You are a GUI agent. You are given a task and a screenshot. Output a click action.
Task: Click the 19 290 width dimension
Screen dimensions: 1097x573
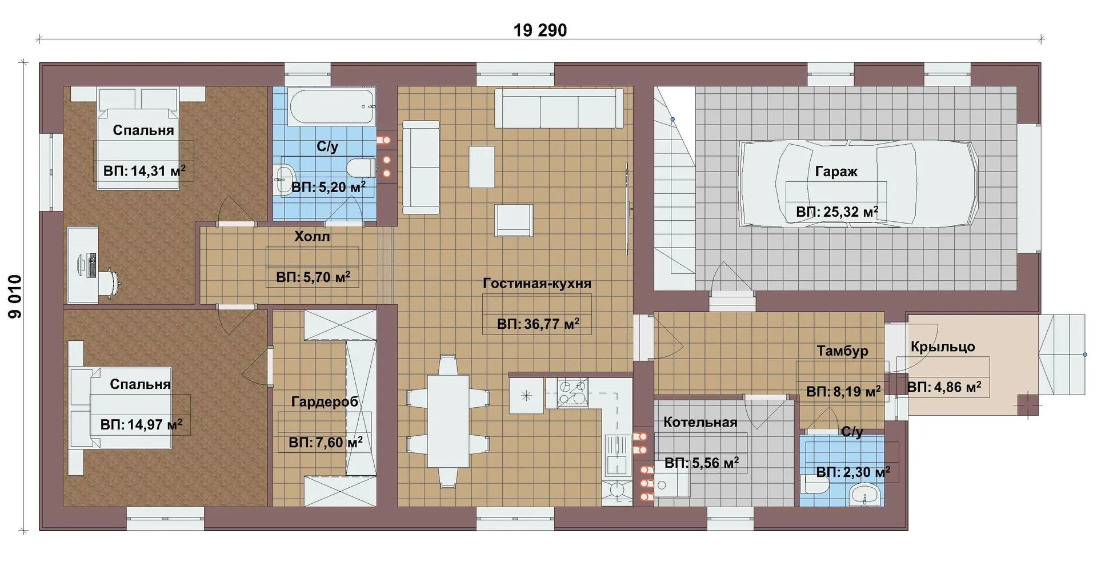[540, 30]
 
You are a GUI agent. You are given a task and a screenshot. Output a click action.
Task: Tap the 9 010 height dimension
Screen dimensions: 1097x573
[14, 296]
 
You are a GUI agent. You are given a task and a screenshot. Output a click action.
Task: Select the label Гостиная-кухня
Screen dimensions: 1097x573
[537, 283]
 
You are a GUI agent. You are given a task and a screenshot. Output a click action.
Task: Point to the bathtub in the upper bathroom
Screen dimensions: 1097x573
[333, 106]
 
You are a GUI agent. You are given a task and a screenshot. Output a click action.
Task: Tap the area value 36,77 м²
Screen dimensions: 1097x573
[538, 324]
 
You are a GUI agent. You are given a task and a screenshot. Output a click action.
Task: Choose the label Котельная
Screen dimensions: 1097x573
[700, 423]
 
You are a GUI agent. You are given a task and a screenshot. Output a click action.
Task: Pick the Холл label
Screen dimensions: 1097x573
[312, 236]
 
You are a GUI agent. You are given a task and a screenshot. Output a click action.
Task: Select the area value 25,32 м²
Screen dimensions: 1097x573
[837, 212]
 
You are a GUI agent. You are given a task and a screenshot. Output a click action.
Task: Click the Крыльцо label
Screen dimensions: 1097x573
[943, 347]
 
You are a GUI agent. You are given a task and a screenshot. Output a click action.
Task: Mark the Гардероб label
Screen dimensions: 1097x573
[325, 402]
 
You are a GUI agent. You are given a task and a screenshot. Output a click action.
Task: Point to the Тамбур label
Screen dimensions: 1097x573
[842, 351]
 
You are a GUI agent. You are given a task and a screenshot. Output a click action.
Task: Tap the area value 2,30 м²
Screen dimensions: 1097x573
[853, 472]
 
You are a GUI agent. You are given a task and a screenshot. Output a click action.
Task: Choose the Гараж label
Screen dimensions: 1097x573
[836, 172]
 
